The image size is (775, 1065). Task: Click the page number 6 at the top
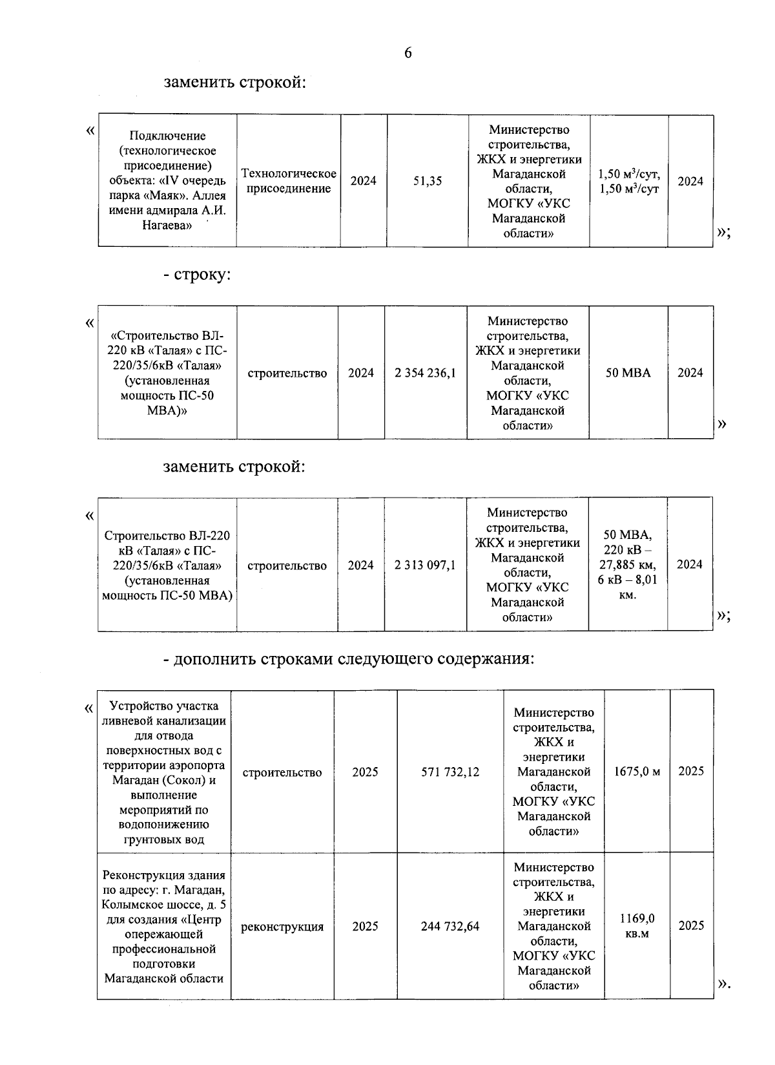[x=408, y=54]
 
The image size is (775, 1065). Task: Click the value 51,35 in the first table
[x=427, y=182]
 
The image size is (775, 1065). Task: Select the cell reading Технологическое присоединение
[x=288, y=182]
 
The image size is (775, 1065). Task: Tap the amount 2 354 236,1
[x=426, y=373]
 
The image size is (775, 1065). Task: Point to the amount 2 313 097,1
[x=425, y=565]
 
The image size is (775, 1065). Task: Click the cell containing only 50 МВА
[x=628, y=373]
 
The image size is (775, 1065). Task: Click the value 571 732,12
[x=450, y=772]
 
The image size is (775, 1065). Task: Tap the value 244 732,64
[x=450, y=927]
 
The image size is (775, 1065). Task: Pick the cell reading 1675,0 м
[x=637, y=772]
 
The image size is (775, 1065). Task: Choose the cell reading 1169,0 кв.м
[x=637, y=926]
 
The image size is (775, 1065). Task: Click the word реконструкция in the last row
[x=282, y=927]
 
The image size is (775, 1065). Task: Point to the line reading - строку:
[x=197, y=275]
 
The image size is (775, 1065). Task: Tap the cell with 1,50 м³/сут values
[x=628, y=182]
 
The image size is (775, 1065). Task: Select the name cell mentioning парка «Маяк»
[x=167, y=181]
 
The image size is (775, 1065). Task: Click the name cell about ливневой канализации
[x=163, y=772]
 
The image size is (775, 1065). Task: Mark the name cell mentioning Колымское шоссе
[x=163, y=927]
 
